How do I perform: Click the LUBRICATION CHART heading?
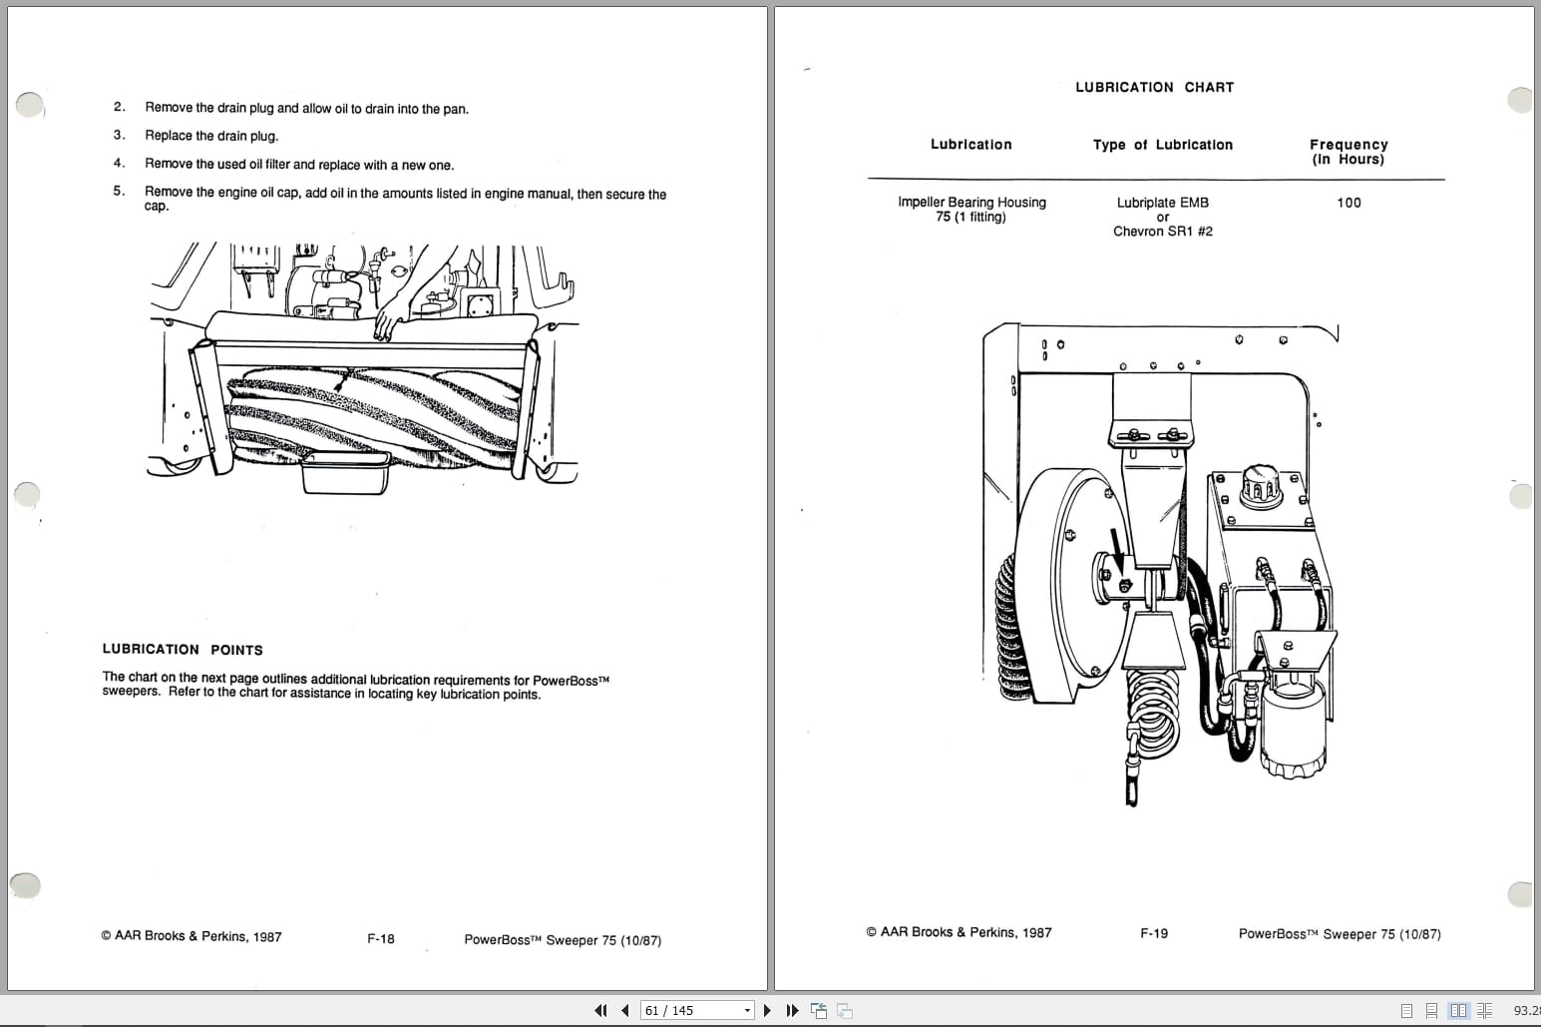pyautogui.click(x=1154, y=88)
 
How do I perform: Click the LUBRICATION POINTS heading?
pyautogui.click(x=183, y=650)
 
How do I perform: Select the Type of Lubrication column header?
pyautogui.click(x=1162, y=145)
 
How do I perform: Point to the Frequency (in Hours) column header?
pyautogui.click(x=1348, y=152)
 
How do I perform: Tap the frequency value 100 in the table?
pyautogui.click(x=1348, y=203)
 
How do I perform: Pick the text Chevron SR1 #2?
pyautogui.click(x=1162, y=232)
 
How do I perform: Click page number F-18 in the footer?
pyautogui.click(x=381, y=939)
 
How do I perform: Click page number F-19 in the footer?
pyautogui.click(x=1154, y=933)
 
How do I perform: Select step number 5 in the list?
pyautogui.click(x=119, y=191)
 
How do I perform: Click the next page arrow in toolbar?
pyautogui.click(x=767, y=1010)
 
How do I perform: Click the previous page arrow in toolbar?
pyautogui.click(x=625, y=1010)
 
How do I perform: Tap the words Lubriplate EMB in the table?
pyautogui.click(x=1162, y=203)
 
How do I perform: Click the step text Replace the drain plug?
pyautogui.click(x=211, y=136)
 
